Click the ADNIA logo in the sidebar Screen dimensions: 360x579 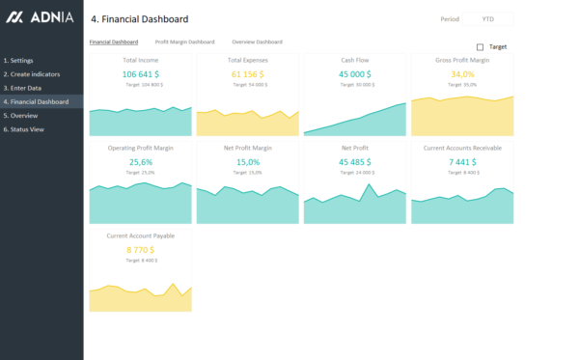(36, 17)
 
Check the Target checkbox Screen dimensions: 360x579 (481, 46)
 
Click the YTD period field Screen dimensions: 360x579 (488, 19)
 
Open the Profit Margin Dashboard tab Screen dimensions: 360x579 (184, 42)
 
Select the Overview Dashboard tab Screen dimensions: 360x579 (257, 42)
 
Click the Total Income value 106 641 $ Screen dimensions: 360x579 (141, 73)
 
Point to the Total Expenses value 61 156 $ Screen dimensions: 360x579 (248, 73)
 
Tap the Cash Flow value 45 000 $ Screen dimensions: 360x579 (355, 73)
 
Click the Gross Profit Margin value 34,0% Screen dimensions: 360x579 (462, 73)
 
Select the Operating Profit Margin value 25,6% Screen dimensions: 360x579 (141, 162)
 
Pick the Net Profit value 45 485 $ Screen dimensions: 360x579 (355, 162)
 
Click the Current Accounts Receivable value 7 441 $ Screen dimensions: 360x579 (462, 162)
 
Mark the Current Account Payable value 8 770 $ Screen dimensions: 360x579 (141, 250)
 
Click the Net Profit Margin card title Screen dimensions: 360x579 (248, 149)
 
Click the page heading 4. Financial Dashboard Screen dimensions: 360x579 (139, 19)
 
